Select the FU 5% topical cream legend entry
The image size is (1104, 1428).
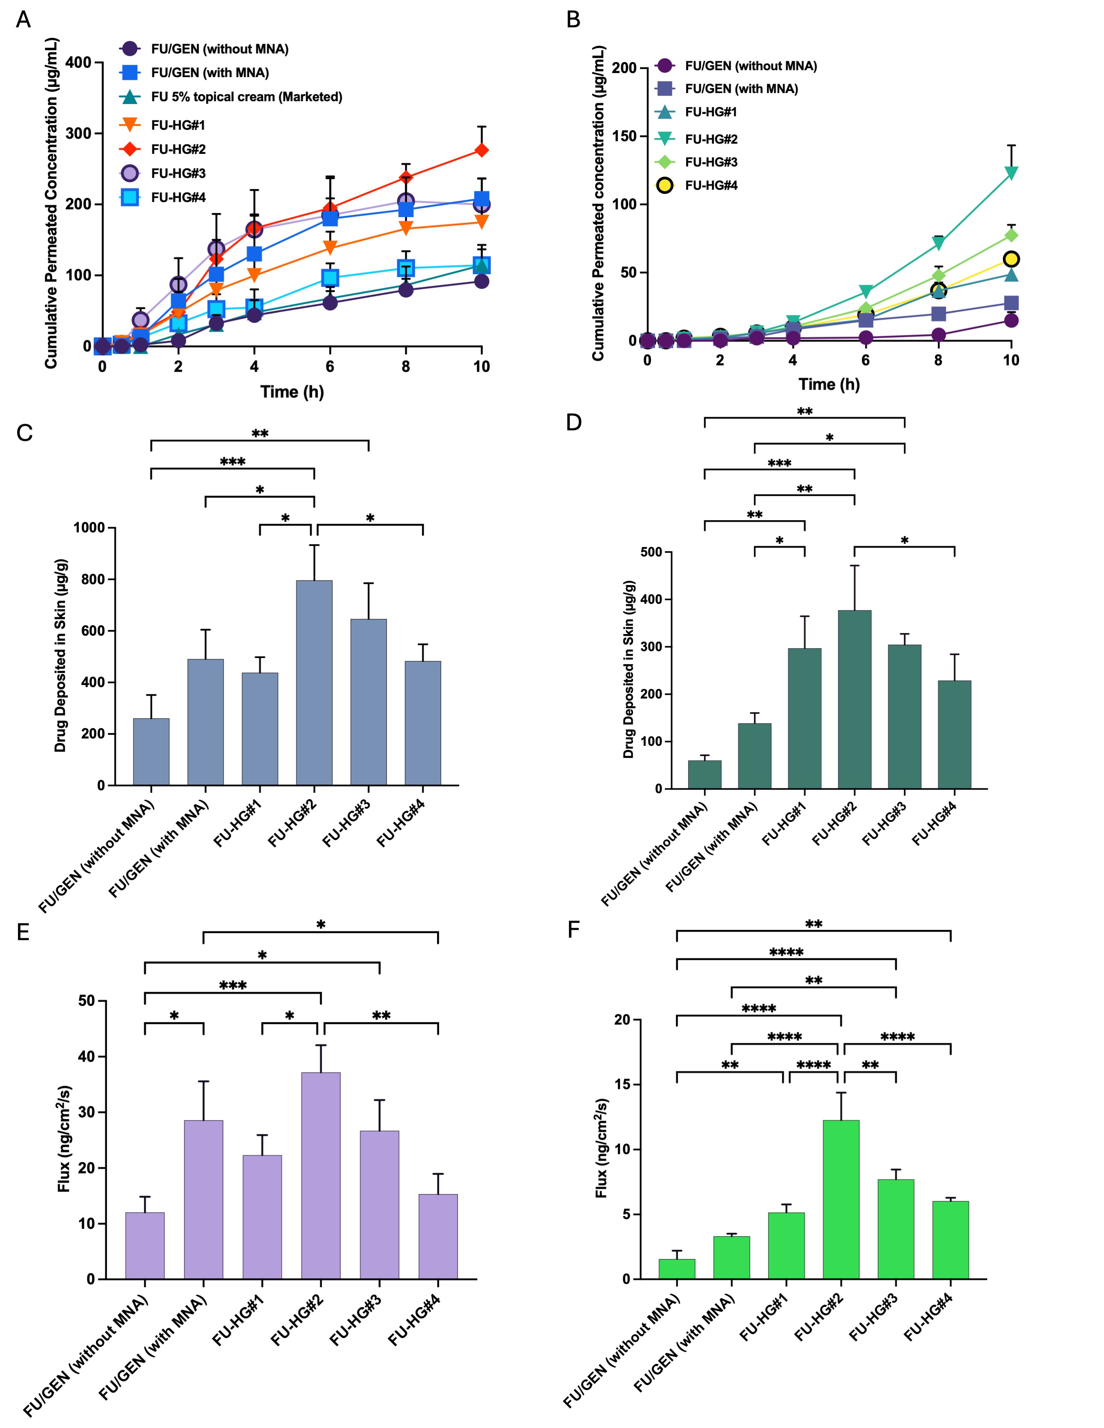pyautogui.click(x=246, y=97)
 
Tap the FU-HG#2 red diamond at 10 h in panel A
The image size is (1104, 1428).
pyautogui.click(x=481, y=151)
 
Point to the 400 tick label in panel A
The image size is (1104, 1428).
pyautogui.click(x=78, y=63)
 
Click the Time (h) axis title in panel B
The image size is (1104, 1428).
pyautogui.click(x=829, y=384)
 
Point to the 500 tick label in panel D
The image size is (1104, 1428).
pyautogui.click(x=651, y=552)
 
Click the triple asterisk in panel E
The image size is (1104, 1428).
pyautogui.click(x=233, y=985)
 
